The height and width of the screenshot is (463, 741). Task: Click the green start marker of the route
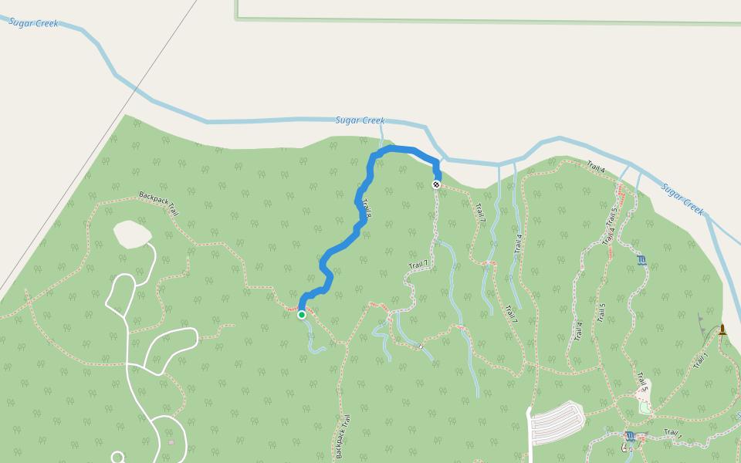pyautogui.click(x=302, y=314)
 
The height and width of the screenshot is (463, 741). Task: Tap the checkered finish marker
pyautogui.click(x=436, y=184)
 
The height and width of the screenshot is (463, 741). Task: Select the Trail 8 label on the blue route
pyautogui.click(x=367, y=208)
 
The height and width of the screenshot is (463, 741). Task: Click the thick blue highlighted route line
pyautogui.click(x=340, y=247)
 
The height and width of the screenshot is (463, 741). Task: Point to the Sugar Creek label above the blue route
pyautogui.click(x=360, y=120)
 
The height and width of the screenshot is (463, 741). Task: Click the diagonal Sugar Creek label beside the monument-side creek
pyautogui.click(x=683, y=199)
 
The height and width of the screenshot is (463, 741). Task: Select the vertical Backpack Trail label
pyautogui.click(x=342, y=436)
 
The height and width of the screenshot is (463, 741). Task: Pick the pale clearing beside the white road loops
pyautogui.click(x=132, y=234)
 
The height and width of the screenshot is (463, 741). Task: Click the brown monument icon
pyautogui.click(x=722, y=330)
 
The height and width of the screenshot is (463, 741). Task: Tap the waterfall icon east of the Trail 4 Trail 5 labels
pyautogui.click(x=641, y=260)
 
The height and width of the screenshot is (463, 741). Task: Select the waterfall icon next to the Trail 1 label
pyautogui.click(x=630, y=437)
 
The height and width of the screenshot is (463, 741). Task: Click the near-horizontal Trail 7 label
pyautogui.click(x=418, y=265)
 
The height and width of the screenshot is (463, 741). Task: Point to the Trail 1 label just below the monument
pyautogui.click(x=701, y=360)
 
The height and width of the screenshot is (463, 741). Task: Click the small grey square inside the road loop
pyautogui.click(x=171, y=442)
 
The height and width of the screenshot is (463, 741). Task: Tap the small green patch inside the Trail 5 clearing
pyautogui.click(x=645, y=407)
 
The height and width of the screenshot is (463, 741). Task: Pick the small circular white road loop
pyautogui.click(x=117, y=458)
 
